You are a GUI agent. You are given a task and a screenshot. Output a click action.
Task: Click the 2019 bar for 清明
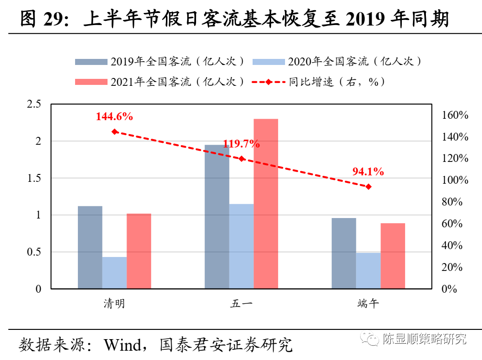(90, 247)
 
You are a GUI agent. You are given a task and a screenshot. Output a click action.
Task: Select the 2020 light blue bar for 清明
(114, 273)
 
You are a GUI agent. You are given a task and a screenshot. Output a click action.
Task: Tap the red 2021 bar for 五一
(266, 204)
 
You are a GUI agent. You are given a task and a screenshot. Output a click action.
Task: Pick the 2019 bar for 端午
(344, 253)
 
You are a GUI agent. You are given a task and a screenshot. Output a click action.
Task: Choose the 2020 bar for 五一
(241, 246)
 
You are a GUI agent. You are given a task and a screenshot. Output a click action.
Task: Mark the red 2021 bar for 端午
(393, 256)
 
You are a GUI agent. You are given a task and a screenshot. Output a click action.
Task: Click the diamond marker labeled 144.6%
(114, 132)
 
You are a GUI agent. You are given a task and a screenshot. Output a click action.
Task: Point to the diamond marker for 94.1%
(368, 186)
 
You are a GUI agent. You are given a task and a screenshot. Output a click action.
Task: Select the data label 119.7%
(241, 144)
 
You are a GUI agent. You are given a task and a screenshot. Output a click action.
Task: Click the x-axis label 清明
(114, 304)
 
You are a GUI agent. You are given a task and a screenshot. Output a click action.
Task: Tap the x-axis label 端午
(368, 304)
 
